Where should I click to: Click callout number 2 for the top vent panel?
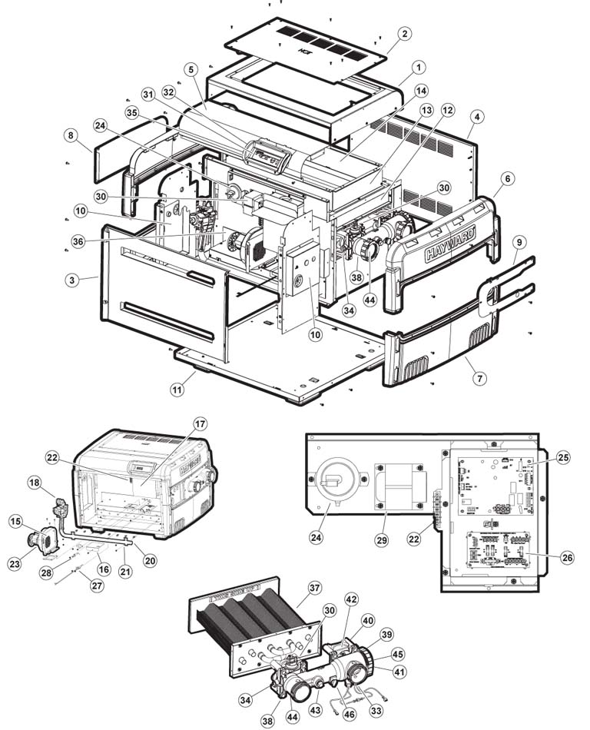pyautogui.click(x=405, y=34)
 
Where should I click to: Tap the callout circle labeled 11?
pyautogui.click(x=177, y=390)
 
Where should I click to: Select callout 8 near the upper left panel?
pyautogui.click(x=71, y=135)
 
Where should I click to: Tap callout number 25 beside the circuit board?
pyautogui.click(x=563, y=458)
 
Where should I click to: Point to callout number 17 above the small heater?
pyautogui.click(x=200, y=424)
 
